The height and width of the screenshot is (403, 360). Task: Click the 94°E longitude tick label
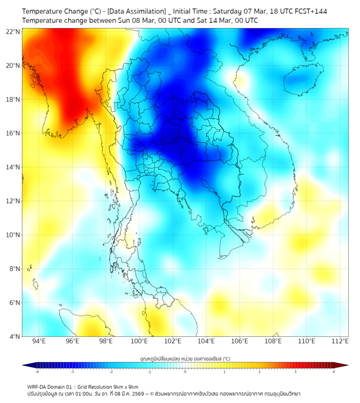(39, 341)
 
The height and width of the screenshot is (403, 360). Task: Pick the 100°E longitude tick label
(140, 341)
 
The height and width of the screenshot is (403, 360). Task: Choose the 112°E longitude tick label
(340, 341)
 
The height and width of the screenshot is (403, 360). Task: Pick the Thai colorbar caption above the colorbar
(185, 358)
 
